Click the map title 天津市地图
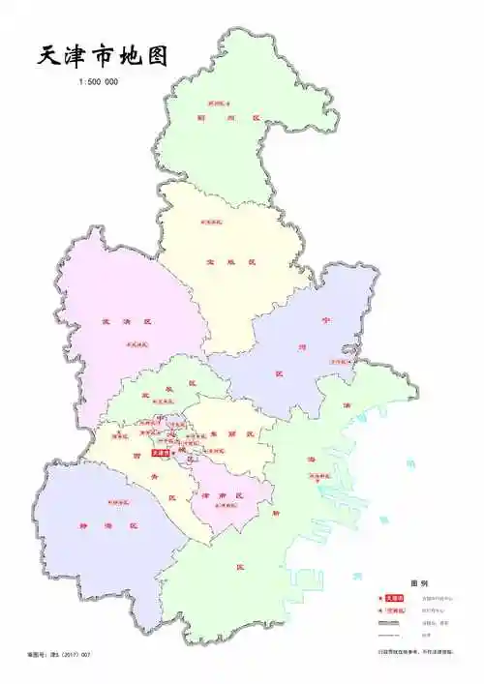[x=103, y=55]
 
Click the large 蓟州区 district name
[x=228, y=119]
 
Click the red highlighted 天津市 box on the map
[x=161, y=451]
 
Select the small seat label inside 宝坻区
[x=211, y=223]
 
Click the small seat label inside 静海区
[x=119, y=502]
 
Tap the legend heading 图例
[x=418, y=583]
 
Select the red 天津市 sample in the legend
[x=394, y=599]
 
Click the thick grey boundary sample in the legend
[x=392, y=623]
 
